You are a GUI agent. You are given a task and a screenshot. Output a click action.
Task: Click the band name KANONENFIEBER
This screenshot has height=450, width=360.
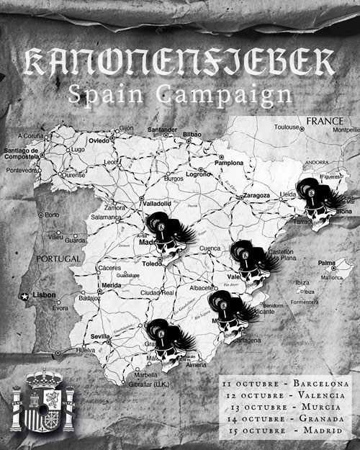click(180, 64)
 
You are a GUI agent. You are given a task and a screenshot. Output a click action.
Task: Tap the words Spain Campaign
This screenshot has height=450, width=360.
click(180, 93)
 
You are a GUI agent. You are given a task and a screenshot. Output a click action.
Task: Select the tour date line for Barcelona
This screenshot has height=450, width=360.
click(286, 384)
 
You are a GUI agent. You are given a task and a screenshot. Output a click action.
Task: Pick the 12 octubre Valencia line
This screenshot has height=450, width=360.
click(286, 395)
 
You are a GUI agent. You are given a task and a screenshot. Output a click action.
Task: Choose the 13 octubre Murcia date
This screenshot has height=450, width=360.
click(286, 407)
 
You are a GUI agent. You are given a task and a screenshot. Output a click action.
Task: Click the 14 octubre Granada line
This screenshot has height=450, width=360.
click(286, 418)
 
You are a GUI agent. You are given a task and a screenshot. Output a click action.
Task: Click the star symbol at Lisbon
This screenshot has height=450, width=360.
click(24, 295)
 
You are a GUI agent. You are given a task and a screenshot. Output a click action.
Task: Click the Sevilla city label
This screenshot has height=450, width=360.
click(100, 336)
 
